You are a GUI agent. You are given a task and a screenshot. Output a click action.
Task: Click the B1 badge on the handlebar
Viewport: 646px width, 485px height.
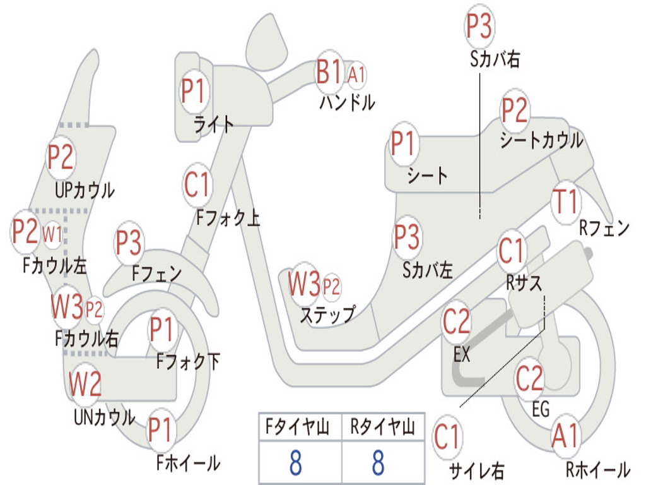[x=329, y=71]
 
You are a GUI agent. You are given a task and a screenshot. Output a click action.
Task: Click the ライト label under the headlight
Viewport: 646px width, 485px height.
[x=214, y=124]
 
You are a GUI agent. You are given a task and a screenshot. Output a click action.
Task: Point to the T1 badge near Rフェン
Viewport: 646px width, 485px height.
[x=565, y=202]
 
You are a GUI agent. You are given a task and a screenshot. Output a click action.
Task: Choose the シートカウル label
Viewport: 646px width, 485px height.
[x=541, y=140]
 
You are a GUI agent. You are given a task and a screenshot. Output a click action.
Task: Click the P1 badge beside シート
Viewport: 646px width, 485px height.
[x=404, y=145]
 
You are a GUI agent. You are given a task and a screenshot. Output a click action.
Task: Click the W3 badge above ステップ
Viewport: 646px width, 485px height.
[x=305, y=285]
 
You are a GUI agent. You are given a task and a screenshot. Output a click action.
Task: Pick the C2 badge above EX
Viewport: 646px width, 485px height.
[x=457, y=323]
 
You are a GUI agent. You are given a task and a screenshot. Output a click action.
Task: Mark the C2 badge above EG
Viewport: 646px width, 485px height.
[x=529, y=378]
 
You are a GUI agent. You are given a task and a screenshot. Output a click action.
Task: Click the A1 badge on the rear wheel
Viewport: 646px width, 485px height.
[x=565, y=436]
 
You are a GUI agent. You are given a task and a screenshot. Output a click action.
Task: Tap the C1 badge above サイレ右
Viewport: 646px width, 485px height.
[x=447, y=438]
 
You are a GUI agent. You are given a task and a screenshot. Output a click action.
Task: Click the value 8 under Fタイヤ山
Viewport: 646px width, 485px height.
[x=295, y=462]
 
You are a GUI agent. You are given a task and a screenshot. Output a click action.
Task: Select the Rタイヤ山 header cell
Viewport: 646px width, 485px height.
[x=382, y=428]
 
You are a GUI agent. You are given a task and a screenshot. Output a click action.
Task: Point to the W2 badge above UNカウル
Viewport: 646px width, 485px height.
[x=85, y=384]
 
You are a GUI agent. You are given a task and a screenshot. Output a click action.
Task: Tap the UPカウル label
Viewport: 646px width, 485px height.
[x=85, y=189]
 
